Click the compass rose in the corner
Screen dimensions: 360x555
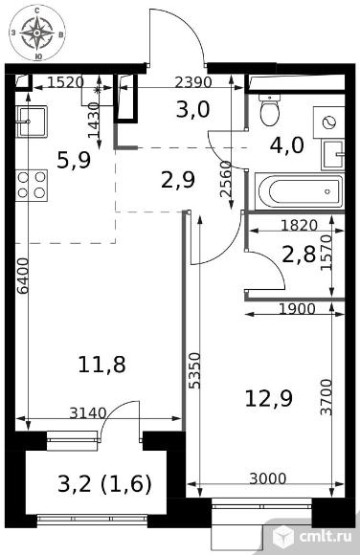click(36, 33)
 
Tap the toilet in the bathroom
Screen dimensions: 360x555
click(270, 110)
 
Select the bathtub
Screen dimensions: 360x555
click(301, 191)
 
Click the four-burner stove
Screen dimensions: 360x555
click(32, 185)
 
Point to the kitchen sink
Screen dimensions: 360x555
click(32, 122)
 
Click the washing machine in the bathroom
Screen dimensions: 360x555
click(328, 122)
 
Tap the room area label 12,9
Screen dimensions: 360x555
click(269, 399)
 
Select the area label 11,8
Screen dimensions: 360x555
click(101, 365)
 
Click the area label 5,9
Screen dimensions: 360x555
click(74, 160)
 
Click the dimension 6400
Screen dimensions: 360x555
click(23, 276)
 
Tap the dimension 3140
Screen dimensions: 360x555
click(88, 412)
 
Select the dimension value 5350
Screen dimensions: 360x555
click(194, 370)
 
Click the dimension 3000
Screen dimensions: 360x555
click(267, 478)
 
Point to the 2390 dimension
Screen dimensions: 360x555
click(193, 82)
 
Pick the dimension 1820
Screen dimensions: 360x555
click(299, 225)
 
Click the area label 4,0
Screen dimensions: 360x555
click(286, 145)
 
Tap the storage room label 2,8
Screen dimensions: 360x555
click(299, 255)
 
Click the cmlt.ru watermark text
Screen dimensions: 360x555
click(326, 537)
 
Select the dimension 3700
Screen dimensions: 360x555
click(326, 397)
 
